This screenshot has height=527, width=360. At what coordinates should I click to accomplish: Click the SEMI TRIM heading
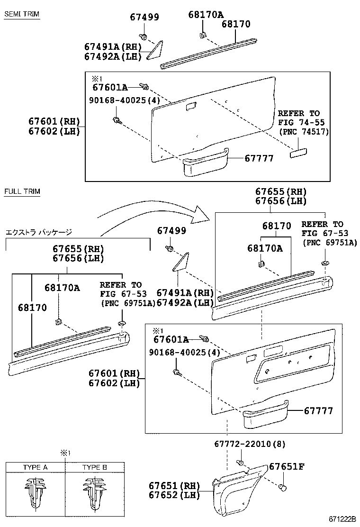click(x=21, y=14)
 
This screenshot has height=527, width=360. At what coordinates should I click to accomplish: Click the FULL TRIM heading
click(x=22, y=191)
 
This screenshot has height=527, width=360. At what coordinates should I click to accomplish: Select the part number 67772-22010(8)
click(x=250, y=444)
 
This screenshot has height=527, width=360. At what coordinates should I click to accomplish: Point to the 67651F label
click(x=287, y=466)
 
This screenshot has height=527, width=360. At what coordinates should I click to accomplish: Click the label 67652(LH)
click(x=174, y=495)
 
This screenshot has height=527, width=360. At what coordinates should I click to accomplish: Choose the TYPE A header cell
click(x=35, y=467)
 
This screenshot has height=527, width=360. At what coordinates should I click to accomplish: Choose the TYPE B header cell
click(x=94, y=467)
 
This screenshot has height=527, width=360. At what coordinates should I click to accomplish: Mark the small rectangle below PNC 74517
click(x=298, y=152)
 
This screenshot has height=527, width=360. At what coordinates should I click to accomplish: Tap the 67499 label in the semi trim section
click(x=144, y=18)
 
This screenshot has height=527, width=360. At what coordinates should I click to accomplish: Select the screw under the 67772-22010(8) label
click(x=240, y=463)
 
